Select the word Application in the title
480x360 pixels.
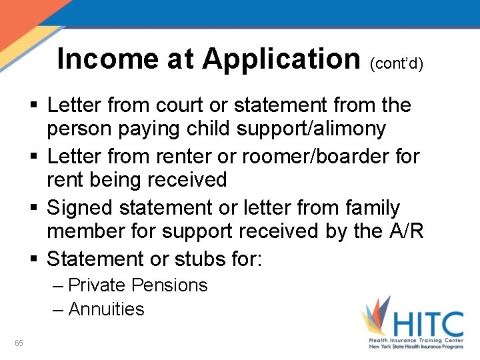[281, 59]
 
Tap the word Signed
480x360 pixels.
[79, 208]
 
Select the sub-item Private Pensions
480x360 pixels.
[138, 285]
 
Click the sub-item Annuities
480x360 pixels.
[106, 309]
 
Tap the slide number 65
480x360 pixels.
[19, 343]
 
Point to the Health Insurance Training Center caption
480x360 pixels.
[417, 341]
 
